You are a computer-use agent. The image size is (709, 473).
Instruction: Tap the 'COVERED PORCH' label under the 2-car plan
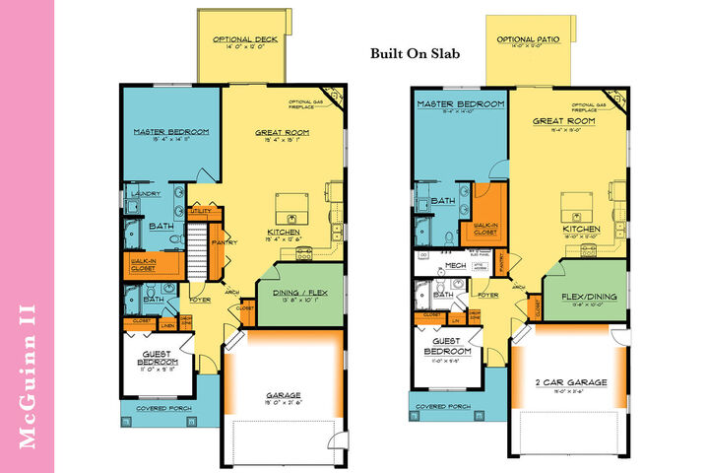(x=441, y=406)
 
